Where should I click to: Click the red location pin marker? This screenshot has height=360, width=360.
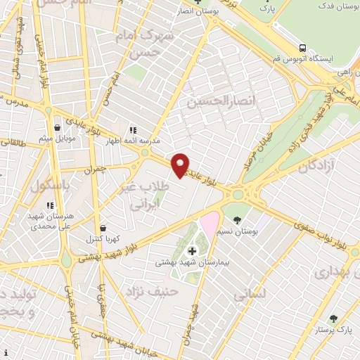[x=181, y=164]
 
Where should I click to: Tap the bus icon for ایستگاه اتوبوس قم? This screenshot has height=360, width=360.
[x=302, y=48]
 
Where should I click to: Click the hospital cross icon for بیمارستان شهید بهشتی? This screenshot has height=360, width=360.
[x=192, y=250]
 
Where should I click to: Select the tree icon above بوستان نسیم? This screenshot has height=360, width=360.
[x=237, y=219]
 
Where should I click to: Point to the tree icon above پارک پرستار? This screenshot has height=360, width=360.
[x=333, y=319]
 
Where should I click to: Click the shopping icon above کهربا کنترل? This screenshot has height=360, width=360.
[x=104, y=229]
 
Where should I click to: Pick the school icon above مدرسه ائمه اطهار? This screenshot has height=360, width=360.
[x=132, y=130]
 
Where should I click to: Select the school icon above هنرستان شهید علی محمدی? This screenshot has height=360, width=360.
[x=50, y=205]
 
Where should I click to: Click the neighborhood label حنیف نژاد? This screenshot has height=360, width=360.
[x=150, y=289]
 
